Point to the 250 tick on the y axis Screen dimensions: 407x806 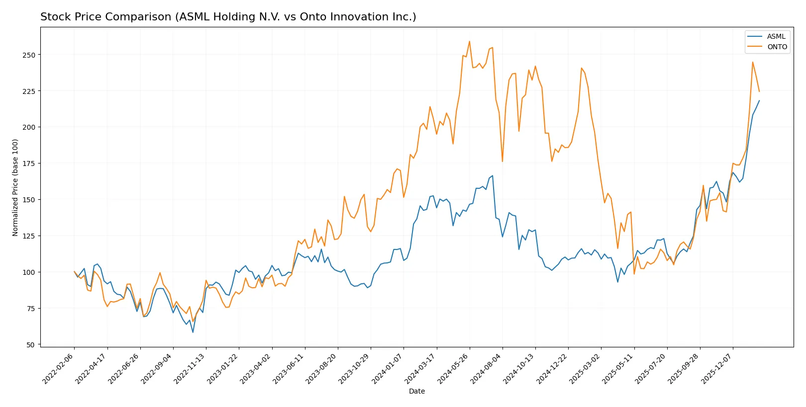coord(29,55)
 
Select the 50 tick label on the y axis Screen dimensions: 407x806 coord(31,345)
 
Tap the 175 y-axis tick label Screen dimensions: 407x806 coord(29,163)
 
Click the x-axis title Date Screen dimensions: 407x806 coord(416,392)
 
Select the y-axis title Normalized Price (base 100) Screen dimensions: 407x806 coord(15,187)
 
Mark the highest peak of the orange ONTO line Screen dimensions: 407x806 coord(469,41)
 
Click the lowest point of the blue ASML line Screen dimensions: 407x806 coord(193,332)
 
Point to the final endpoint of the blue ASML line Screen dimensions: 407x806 coord(759,100)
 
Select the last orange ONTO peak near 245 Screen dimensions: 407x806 coord(753,62)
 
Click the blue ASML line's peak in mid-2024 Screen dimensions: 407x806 coord(492,175)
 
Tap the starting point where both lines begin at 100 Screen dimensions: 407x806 coord(74,272)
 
